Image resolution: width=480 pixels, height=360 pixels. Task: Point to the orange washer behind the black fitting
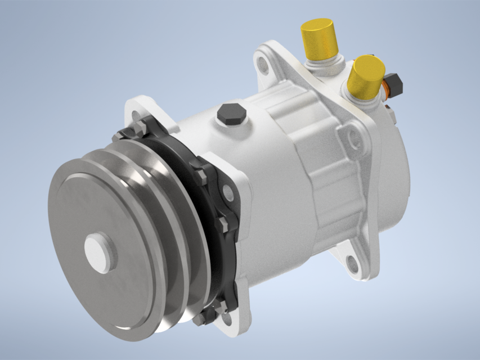point(387,87)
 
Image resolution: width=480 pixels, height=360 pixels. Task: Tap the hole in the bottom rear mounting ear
point(352,262)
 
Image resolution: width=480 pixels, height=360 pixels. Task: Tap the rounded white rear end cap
point(394,163)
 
